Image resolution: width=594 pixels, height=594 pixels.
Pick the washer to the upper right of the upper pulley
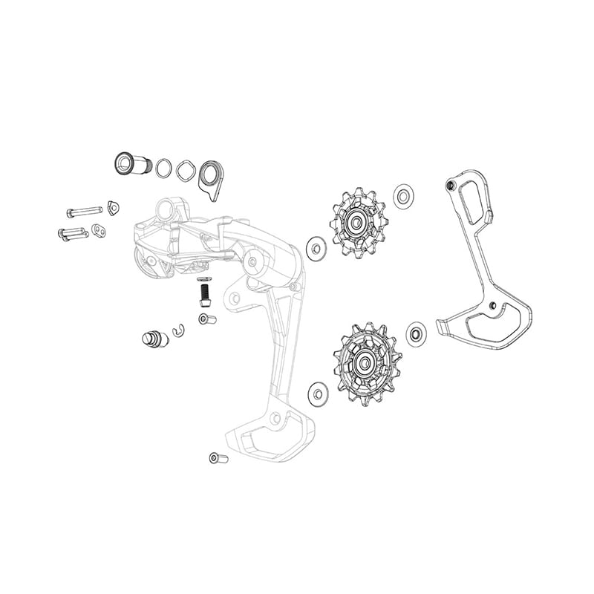coord(404,196)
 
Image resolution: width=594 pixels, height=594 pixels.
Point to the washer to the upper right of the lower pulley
coord(416,334)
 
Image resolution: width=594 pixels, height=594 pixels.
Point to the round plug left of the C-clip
coord(154,339)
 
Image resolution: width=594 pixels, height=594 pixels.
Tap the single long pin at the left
coord(83,211)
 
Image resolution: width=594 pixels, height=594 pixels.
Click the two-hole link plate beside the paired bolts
coord(99,231)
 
